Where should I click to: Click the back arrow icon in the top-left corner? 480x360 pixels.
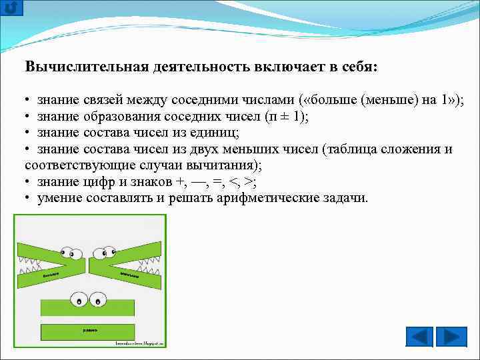click(12, 8)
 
